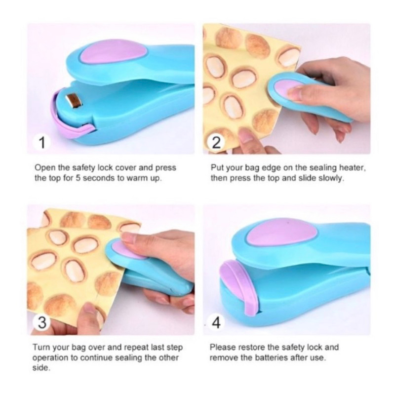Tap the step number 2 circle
point(216,144)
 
